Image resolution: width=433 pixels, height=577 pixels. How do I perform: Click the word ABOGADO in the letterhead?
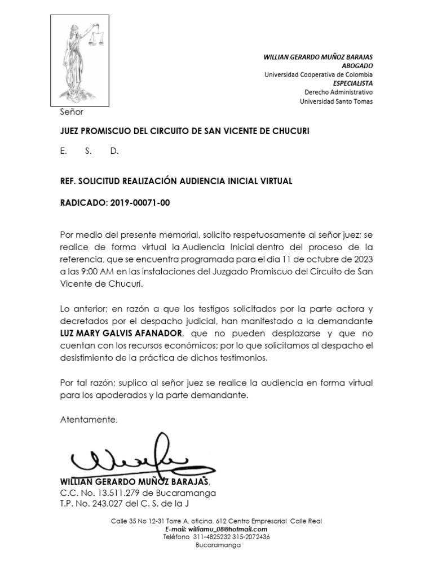tap(357, 66)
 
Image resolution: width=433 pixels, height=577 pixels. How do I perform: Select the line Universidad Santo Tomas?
tap(335, 101)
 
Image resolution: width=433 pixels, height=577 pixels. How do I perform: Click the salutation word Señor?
tap(72, 112)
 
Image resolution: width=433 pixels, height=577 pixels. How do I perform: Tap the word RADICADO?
tap(81, 203)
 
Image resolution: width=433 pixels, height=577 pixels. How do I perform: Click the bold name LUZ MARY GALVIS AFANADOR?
tap(121, 333)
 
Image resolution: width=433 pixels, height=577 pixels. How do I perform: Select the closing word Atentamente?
tap(89, 420)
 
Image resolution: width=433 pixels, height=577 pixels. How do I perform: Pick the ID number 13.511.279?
tap(117, 492)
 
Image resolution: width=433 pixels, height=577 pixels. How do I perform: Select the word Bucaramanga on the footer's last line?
tap(218, 545)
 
